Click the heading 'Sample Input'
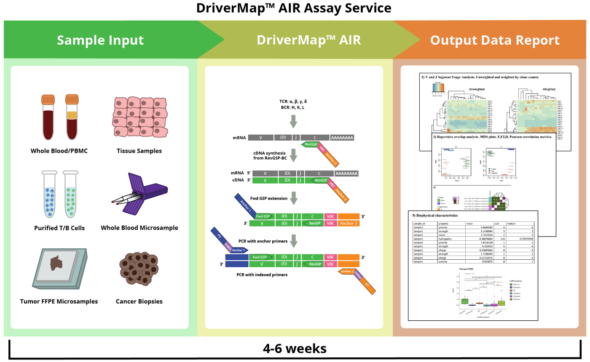[100, 40]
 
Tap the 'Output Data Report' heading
[495, 40]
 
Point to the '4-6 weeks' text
[295, 349]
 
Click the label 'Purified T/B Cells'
[59, 228]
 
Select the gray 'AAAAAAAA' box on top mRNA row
[342, 138]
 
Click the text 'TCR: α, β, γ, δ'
[293, 102]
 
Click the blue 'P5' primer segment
[218, 236]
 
